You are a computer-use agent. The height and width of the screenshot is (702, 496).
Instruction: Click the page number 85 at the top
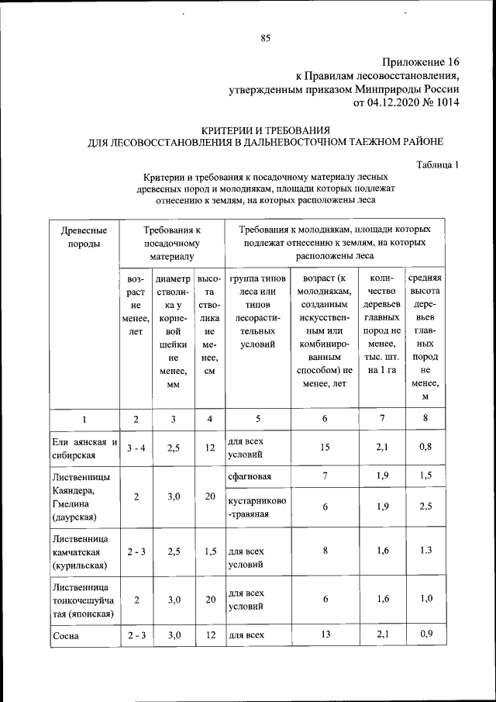click(x=264, y=39)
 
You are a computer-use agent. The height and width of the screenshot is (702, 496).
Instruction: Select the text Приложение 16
click(x=421, y=62)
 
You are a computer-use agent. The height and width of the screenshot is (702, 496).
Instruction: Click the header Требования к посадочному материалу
click(x=171, y=243)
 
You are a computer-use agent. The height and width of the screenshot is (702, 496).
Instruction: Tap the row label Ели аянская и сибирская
click(x=83, y=448)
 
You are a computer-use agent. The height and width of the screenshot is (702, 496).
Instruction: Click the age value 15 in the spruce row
click(x=324, y=447)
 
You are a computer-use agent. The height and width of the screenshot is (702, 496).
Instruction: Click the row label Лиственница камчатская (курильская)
click(x=80, y=552)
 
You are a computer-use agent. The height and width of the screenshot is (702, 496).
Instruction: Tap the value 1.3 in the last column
click(x=424, y=550)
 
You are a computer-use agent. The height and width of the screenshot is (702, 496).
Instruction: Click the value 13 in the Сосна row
click(x=324, y=635)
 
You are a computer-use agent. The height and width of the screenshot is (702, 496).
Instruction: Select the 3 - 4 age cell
click(x=136, y=448)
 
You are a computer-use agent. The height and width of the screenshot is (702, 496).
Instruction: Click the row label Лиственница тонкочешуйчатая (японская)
click(x=82, y=600)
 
